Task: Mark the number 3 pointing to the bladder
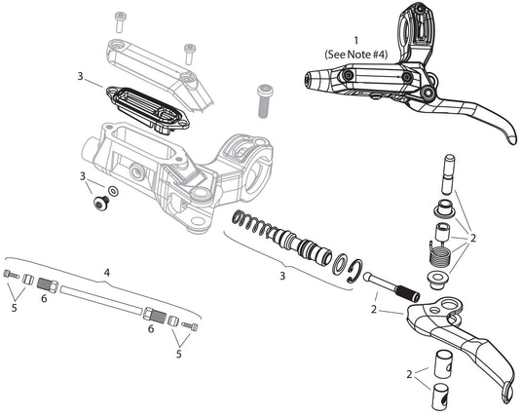pyautogui.click(x=81, y=75)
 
